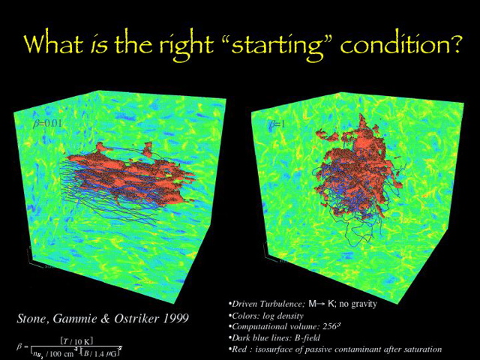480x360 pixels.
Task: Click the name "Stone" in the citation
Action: point(34,318)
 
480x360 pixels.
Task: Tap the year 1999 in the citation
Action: point(174,318)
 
